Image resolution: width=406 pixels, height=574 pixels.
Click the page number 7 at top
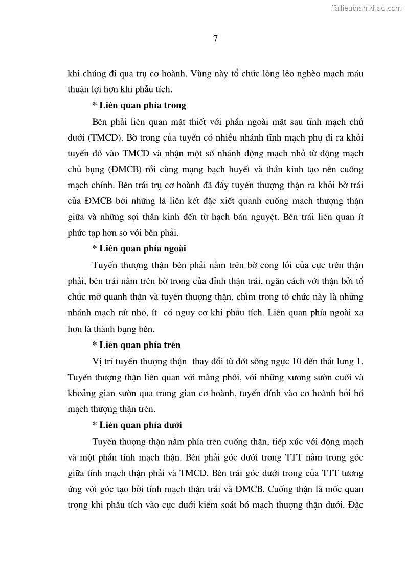click(x=215, y=38)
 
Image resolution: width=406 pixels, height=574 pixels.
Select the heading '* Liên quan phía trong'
click(x=139, y=105)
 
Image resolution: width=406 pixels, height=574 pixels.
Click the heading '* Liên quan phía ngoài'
click(x=139, y=248)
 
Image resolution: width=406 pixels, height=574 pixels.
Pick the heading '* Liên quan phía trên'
click(x=136, y=345)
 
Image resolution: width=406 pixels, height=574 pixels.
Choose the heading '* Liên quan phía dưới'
click(x=137, y=425)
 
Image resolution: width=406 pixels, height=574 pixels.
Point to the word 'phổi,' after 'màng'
click(x=222, y=377)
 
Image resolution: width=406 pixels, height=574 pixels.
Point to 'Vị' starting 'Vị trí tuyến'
click(x=97, y=361)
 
